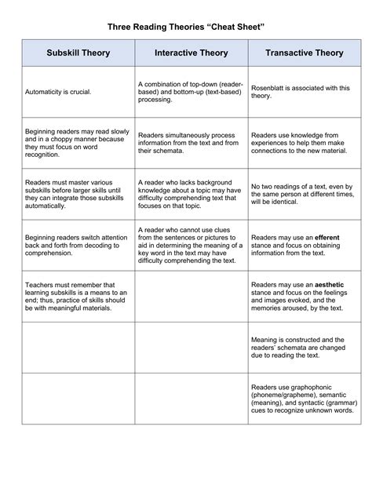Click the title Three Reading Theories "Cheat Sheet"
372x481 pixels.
(187, 27)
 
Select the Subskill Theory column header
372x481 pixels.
(78, 53)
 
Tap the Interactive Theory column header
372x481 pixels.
(191, 53)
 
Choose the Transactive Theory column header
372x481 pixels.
(305, 53)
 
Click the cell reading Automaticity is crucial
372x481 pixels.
(58, 92)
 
